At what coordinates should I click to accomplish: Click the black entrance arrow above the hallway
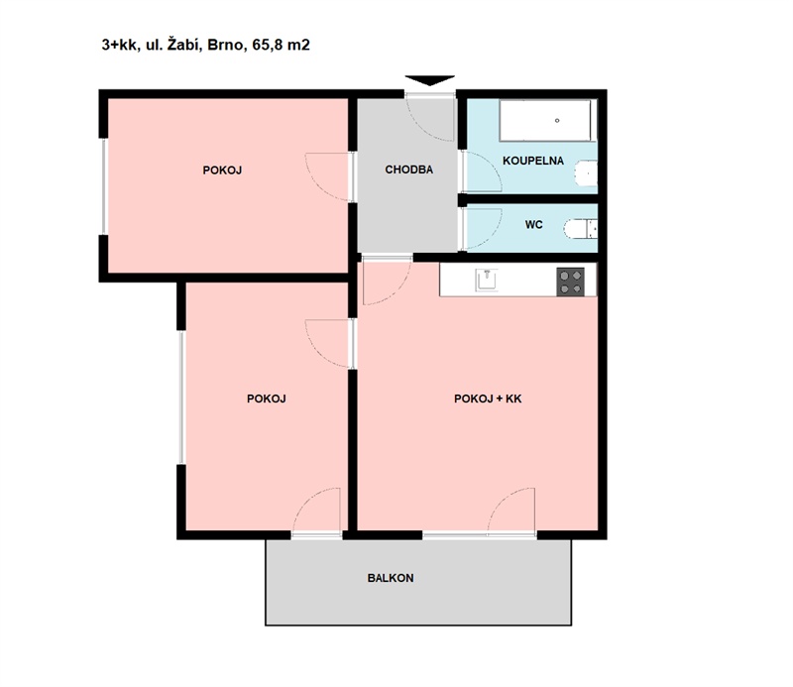[x=430, y=80]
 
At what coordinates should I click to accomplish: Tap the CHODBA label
[x=409, y=170]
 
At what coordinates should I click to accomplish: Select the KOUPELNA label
[x=533, y=161]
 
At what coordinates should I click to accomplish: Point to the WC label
[x=533, y=225]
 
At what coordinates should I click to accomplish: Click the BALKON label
[x=391, y=578]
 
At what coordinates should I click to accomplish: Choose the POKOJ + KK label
[x=488, y=399]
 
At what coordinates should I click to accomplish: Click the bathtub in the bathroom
[x=545, y=120]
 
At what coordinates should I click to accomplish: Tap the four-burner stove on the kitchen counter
[x=571, y=282]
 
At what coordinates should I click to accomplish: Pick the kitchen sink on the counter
[x=487, y=280]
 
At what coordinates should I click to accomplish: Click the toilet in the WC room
[x=581, y=229]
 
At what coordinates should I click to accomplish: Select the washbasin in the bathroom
[x=587, y=173]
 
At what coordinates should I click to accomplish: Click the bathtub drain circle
[x=557, y=120]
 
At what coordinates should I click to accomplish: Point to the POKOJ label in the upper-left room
[x=222, y=171]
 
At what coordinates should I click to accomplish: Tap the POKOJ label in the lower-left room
[x=266, y=399]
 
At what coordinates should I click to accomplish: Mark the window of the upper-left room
[x=104, y=186]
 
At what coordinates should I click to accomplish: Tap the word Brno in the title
[x=227, y=45]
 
